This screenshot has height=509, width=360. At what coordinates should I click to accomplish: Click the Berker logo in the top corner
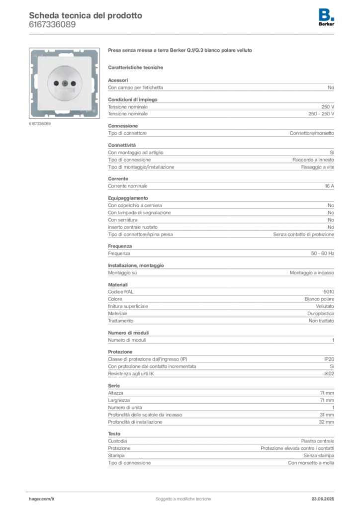pyautogui.click(x=326, y=17)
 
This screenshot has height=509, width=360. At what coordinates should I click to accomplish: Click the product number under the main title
pyautogui.click(x=52, y=25)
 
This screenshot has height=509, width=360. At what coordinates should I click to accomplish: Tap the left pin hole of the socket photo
pyautogui.click(x=56, y=84)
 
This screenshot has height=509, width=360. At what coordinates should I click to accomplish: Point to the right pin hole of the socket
pyautogui.click(x=74, y=84)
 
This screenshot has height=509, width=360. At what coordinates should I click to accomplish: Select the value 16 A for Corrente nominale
pyautogui.click(x=330, y=186)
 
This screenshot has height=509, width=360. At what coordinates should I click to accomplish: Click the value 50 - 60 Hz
pyautogui.click(x=323, y=253)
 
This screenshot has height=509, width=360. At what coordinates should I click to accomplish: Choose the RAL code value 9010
pyautogui.click(x=329, y=291)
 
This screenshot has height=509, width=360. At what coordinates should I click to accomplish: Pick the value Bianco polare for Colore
pyautogui.click(x=319, y=299)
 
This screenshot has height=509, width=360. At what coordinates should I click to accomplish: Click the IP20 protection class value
pyautogui.click(x=329, y=359)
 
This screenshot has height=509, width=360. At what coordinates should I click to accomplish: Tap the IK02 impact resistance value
pyautogui.click(x=329, y=374)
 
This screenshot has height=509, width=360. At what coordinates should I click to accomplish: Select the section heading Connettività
pyautogui.click(x=122, y=145)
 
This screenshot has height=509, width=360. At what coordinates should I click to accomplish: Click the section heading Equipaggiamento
pyautogui.click(x=128, y=198)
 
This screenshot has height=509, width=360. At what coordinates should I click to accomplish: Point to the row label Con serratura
pyautogui.click(x=123, y=220)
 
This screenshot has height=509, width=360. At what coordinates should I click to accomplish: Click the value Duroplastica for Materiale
pyautogui.click(x=321, y=314)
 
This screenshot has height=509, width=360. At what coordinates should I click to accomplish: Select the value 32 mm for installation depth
pyautogui.click(x=327, y=422)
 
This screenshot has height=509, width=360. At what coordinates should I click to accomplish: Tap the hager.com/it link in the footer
pyautogui.click(x=42, y=499)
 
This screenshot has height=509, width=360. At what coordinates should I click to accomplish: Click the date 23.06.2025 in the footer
pyautogui.click(x=323, y=499)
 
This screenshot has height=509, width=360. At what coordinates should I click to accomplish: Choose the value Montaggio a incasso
pyautogui.click(x=312, y=273)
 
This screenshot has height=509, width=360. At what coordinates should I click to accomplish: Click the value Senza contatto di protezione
pyautogui.click(x=303, y=235)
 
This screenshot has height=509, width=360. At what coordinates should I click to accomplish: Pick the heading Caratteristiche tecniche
pyautogui.click(x=135, y=68)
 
